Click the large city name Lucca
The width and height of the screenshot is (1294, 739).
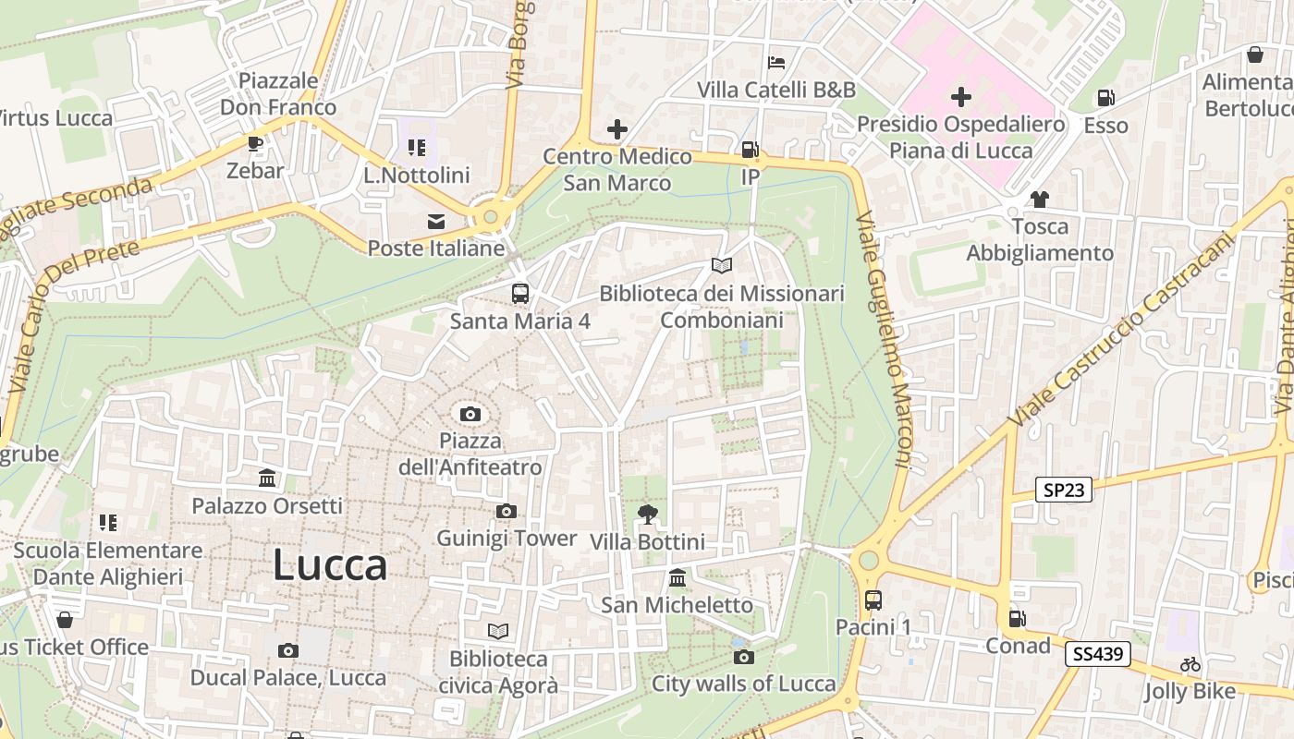[x=330, y=565]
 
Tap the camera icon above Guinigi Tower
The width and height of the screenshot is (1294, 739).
[x=506, y=512]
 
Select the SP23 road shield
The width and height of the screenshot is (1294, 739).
[x=1063, y=491]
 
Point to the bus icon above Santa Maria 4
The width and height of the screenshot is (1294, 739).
[x=520, y=294]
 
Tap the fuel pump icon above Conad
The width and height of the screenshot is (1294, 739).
[x=1017, y=619]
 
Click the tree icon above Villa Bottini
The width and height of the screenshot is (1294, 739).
[x=647, y=515]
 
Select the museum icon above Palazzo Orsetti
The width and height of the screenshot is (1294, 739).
[x=267, y=479]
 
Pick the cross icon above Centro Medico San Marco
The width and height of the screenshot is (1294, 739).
[x=617, y=129]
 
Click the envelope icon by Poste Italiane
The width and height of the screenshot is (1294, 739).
[x=435, y=222]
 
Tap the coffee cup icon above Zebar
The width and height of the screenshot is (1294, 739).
[x=255, y=144]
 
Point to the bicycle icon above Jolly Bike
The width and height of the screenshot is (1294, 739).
[x=1190, y=664]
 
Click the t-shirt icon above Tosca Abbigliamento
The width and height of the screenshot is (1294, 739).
[x=1040, y=200]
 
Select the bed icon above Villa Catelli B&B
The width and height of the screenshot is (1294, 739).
[x=776, y=63]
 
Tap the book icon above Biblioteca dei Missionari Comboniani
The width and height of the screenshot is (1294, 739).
[x=722, y=266]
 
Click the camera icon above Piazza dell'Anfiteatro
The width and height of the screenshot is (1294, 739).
[x=470, y=414]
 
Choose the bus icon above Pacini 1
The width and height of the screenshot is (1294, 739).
[x=873, y=600]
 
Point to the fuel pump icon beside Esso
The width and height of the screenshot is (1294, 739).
[x=1105, y=98]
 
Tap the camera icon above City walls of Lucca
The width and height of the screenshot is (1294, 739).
[x=743, y=657]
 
